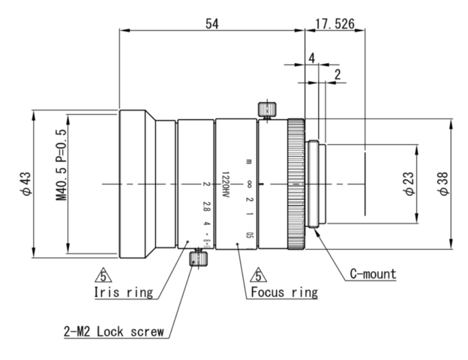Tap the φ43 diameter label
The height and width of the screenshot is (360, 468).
(27, 184)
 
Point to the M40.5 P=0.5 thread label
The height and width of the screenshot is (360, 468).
(61, 184)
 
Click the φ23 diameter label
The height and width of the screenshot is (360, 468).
(408, 184)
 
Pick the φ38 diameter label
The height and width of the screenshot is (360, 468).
(445, 184)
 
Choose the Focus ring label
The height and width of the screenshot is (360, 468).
(283, 292)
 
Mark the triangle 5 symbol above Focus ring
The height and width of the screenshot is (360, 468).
(257, 275)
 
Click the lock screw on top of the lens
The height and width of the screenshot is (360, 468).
(263, 109)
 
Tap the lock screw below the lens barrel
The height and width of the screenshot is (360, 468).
(198, 259)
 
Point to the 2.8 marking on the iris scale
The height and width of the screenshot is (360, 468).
(206, 205)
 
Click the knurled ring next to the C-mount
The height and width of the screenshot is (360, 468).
(293, 184)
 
